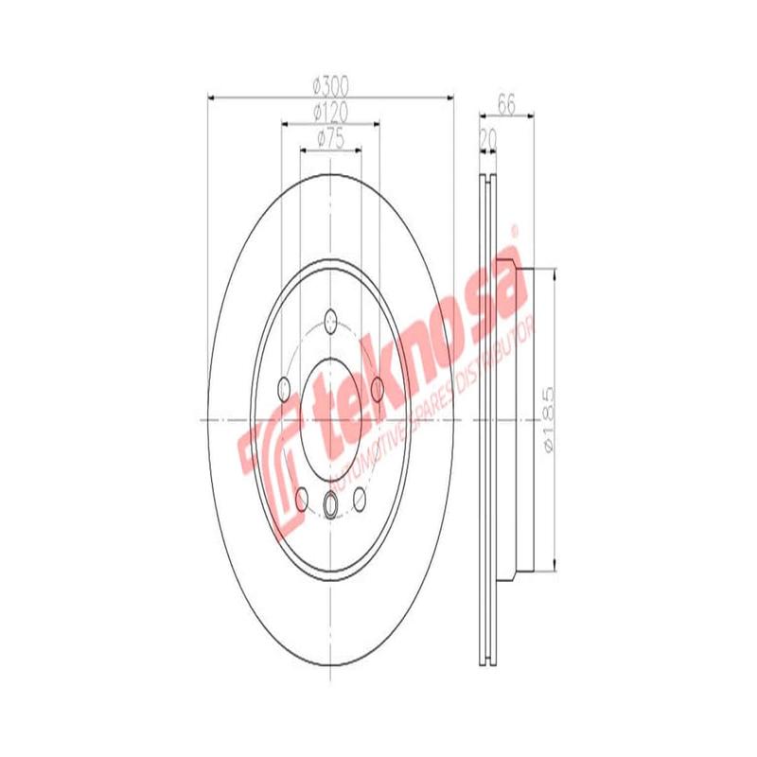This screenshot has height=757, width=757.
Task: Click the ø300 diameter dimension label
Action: [x=329, y=86]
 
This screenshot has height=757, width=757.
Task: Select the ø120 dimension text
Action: [x=329, y=112]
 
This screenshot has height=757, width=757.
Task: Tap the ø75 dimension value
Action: [x=329, y=138]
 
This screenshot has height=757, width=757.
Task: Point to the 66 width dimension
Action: [x=506, y=106]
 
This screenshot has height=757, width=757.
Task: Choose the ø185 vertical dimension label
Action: [x=545, y=418]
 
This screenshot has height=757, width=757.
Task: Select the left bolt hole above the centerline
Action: [x=284, y=387]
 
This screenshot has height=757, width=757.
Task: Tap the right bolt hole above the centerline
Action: [x=377, y=387]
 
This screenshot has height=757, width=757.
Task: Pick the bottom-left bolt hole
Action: [x=302, y=499]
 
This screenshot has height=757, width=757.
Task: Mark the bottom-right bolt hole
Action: [x=360, y=499]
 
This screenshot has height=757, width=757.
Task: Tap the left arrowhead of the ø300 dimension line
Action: [x=210, y=97]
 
